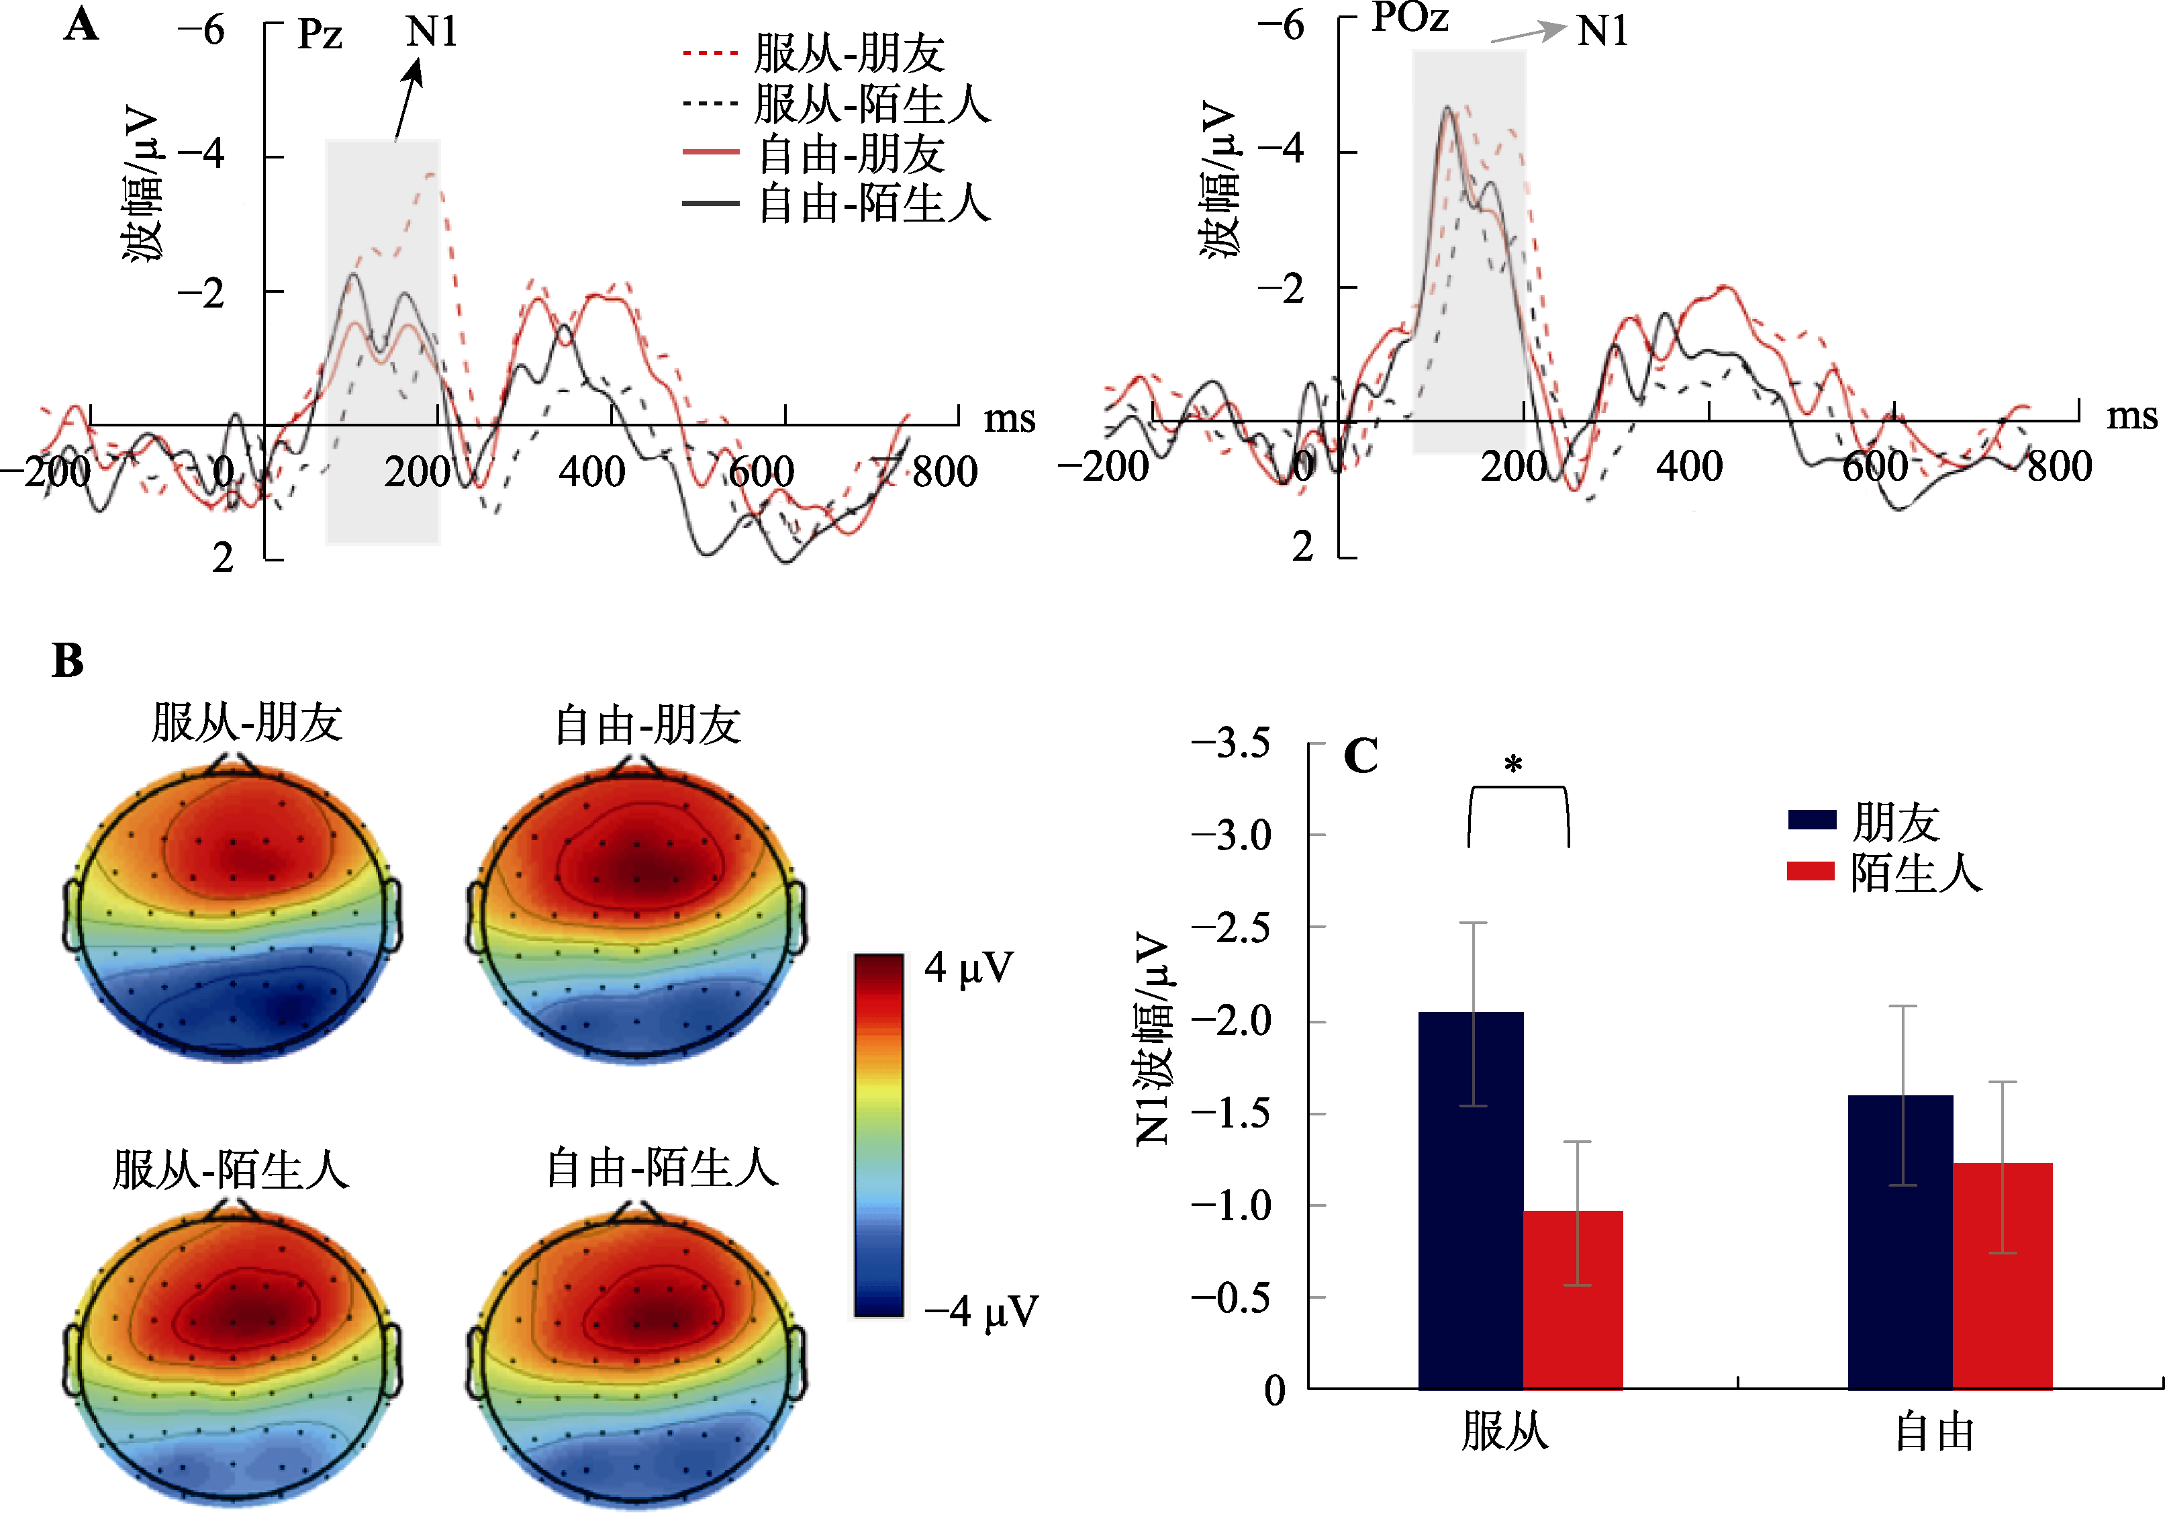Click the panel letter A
pyautogui.click(x=81, y=26)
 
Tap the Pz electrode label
pyautogui.click(x=320, y=35)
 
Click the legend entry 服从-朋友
pyautogui.click(x=849, y=53)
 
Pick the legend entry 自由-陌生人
pyautogui.click(x=874, y=203)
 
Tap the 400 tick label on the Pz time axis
pyautogui.click(x=591, y=471)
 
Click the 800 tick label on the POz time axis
pyautogui.click(x=2060, y=466)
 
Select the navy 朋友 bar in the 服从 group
pyautogui.click(x=1470, y=1199)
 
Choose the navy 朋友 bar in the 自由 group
pyautogui.click(x=1899, y=1241)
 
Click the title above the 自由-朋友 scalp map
pyautogui.click(x=648, y=725)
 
